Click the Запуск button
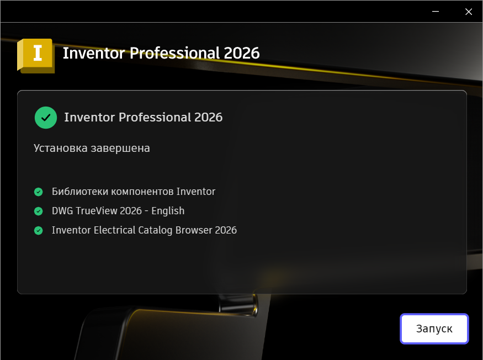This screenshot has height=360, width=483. click(x=434, y=329)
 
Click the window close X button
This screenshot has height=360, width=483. click(x=469, y=12)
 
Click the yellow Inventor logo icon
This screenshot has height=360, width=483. click(x=36, y=55)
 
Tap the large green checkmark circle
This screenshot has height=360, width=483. click(x=46, y=118)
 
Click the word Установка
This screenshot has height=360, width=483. click(x=58, y=149)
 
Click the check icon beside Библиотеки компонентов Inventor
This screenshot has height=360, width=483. click(x=39, y=192)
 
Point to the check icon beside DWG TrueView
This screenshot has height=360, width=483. click(x=39, y=211)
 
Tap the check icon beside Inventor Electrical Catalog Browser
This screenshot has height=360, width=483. click(x=39, y=231)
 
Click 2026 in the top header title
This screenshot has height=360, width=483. click(x=242, y=53)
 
